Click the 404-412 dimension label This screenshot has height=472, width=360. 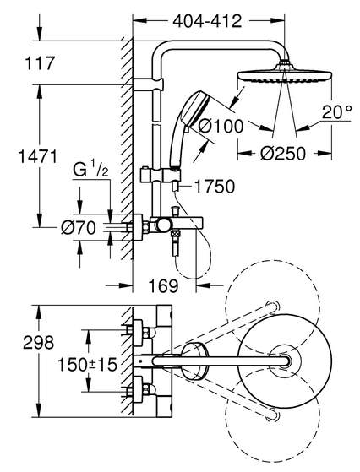click(x=207, y=21)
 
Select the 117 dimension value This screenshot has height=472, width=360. click(x=40, y=63)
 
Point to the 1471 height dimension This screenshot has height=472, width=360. click(x=38, y=157)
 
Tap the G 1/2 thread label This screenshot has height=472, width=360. click(x=90, y=171)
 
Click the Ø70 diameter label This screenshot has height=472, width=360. click(x=79, y=228)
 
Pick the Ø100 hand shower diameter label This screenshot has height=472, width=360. click(x=221, y=126)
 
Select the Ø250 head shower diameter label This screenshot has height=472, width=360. click(x=283, y=154)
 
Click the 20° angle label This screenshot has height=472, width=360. click(x=336, y=112)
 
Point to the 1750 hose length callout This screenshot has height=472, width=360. click(x=215, y=187)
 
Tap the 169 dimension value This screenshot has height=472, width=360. click(x=163, y=285)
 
